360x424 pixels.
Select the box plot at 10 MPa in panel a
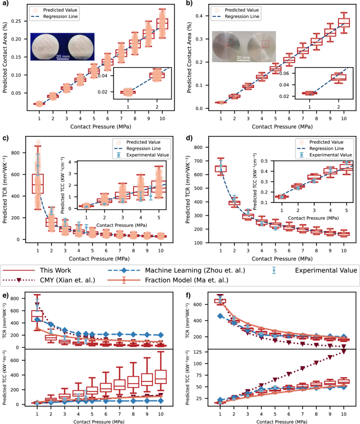point(162,24)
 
